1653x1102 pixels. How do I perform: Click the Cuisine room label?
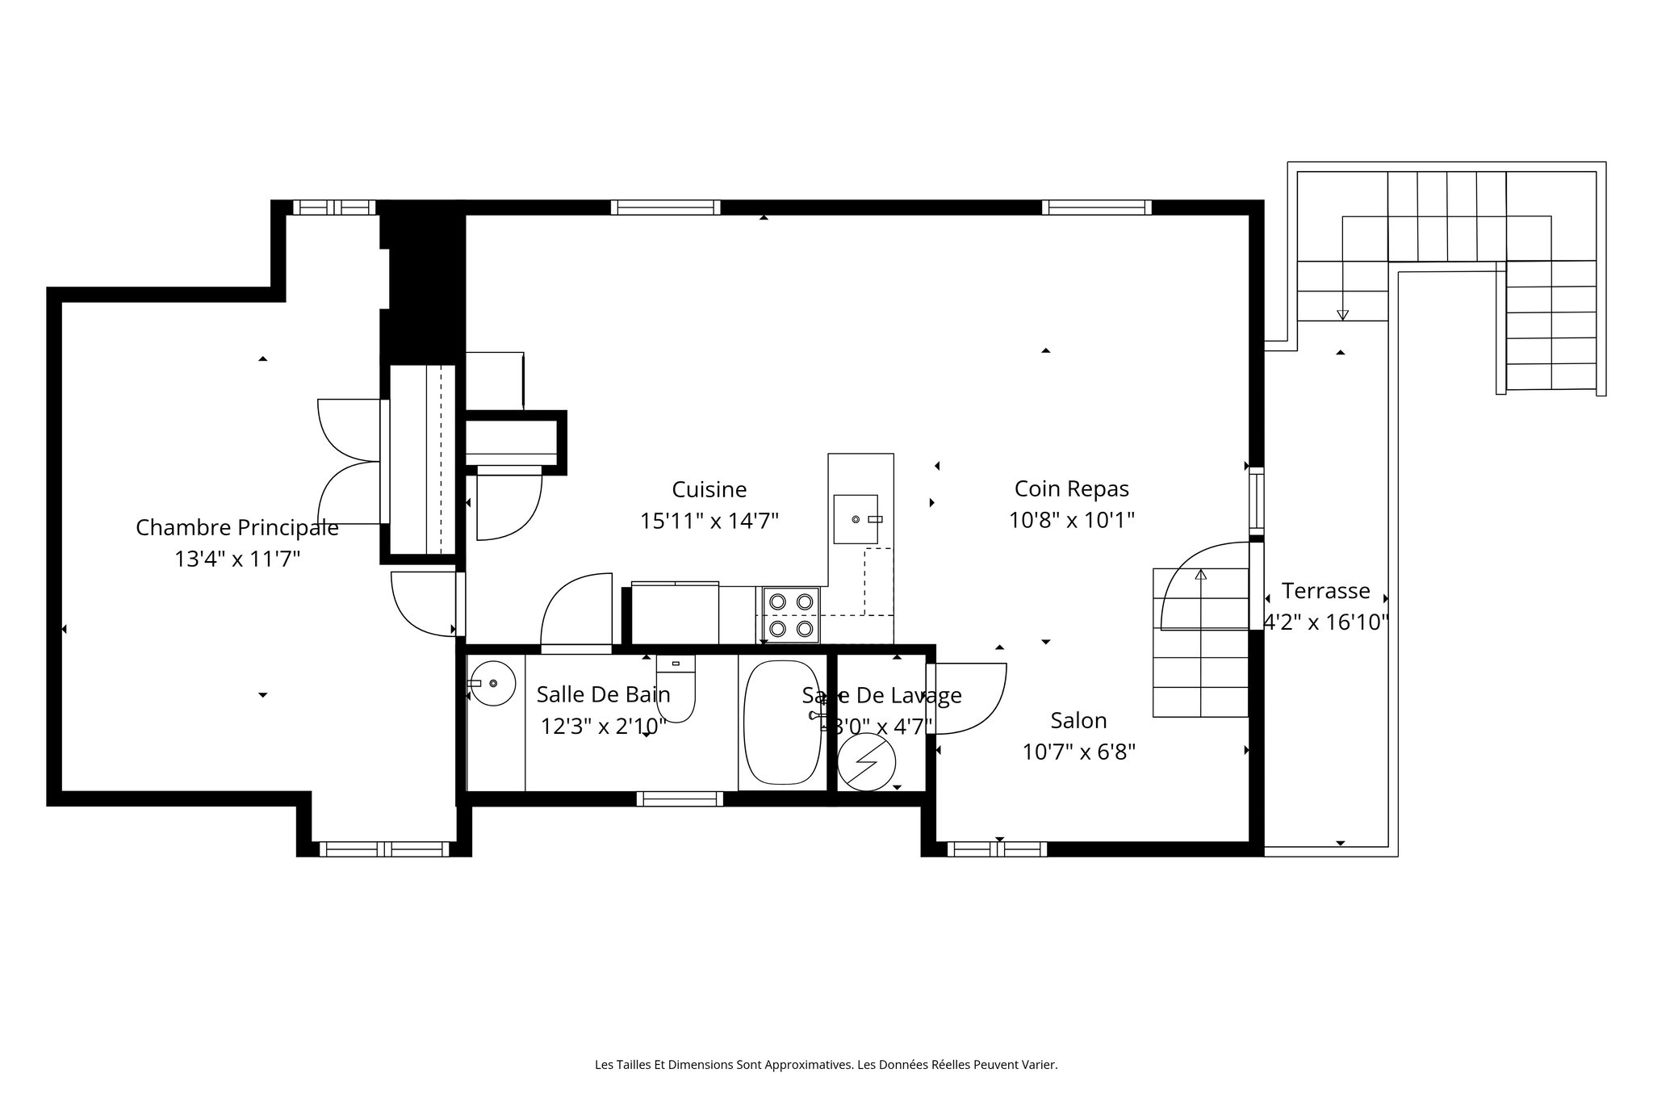[x=709, y=489]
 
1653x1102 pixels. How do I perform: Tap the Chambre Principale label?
[x=236, y=527]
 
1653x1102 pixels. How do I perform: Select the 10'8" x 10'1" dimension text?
[x=1072, y=520]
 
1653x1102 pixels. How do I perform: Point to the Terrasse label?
[x=1325, y=591]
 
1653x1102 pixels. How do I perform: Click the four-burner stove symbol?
[x=791, y=614]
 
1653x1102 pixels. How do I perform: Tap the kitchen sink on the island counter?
[x=856, y=519]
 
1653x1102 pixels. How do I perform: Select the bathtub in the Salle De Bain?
[x=782, y=722]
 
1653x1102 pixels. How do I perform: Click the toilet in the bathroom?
[x=676, y=690]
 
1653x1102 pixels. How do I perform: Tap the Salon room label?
[x=1078, y=720]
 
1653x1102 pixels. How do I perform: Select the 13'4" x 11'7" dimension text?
[x=236, y=559]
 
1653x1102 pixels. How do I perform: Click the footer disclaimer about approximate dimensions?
[x=826, y=1065]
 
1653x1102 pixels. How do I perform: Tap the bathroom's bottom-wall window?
[x=680, y=799]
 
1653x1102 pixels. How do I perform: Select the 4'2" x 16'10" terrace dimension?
[x=1325, y=622]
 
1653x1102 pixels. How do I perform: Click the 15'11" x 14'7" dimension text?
[x=709, y=521]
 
